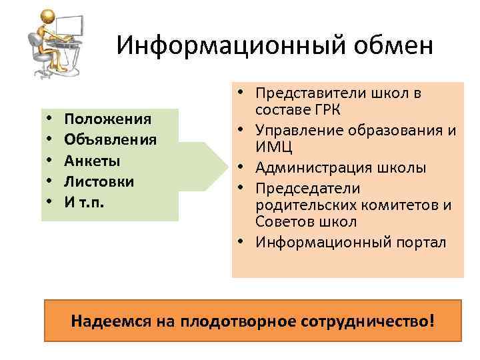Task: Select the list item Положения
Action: click(x=108, y=119)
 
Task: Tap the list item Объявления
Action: click(x=111, y=140)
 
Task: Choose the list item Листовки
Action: click(x=99, y=181)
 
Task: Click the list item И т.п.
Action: click(x=85, y=202)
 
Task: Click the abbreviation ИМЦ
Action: click(x=268, y=146)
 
